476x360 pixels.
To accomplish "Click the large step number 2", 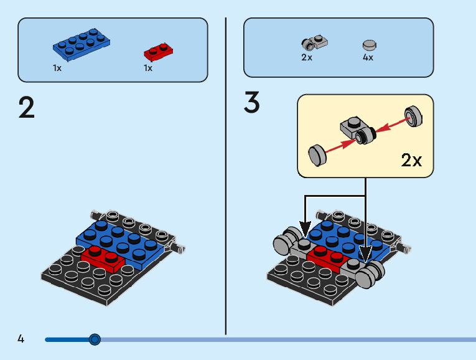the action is [27, 107].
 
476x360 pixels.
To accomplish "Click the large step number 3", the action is [251, 103].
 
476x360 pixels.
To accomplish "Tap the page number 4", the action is [21, 339].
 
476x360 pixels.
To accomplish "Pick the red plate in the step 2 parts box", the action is [158, 50].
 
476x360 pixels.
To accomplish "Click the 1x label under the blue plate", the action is [57, 68].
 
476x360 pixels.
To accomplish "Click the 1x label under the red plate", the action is [148, 68].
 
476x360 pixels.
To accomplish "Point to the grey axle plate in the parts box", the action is [314, 43].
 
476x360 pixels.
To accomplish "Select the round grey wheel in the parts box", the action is [370, 45].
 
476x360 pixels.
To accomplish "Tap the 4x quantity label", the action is [368, 57].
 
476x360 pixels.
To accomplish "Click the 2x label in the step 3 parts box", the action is [306, 57].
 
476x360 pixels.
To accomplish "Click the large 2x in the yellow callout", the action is [411, 160].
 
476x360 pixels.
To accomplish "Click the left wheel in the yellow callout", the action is [317, 154].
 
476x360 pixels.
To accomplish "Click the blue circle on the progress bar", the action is [95, 339].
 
